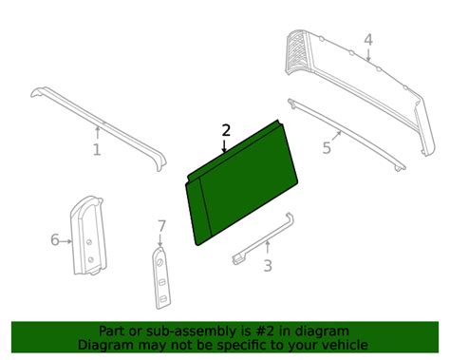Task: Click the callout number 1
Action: pos(97,149)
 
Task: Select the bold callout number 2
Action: pos(226,130)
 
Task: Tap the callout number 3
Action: pos(268,265)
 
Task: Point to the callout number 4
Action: pos(368,40)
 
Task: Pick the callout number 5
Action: pos(327,148)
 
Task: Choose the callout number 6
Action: pos(55,239)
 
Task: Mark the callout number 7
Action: pos(161,226)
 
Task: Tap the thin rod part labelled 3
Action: pos(264,238)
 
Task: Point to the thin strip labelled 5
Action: pos(347,135)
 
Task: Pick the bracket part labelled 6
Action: pos(87,236)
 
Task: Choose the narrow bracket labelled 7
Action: pos(162,278)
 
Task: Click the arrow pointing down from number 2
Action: pos(224,145)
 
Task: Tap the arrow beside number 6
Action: pos(66,241)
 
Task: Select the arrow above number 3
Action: pos(268,248)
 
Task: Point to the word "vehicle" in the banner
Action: pos(346,345)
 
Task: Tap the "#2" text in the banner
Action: pos(261,332)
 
